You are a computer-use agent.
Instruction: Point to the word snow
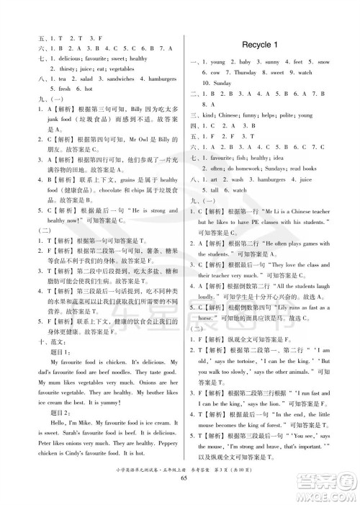point(328,63)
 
